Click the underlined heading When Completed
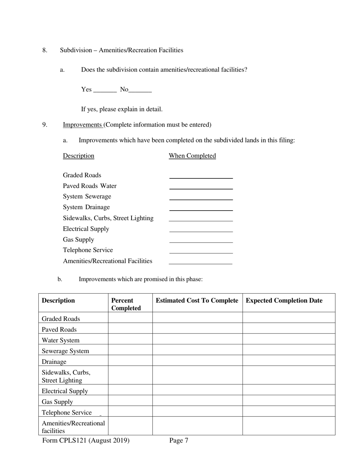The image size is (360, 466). point(192,156)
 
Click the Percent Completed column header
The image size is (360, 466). point(126,304)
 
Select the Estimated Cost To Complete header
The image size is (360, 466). point(197,300)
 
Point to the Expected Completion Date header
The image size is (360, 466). point(284,300)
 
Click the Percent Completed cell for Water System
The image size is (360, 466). point(130,339)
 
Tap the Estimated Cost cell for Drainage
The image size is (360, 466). point(197,360)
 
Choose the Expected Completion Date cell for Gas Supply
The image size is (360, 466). point(289,400)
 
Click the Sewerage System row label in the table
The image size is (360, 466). point(65,351)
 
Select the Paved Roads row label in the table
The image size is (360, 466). point(59,330)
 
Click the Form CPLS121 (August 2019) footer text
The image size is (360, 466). point(86,440)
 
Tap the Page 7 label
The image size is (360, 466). point(179,440)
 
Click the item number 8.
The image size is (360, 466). point(45,50)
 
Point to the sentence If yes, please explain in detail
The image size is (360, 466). point(122,109)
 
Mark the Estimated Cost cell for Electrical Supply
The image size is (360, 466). point(197,390)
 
